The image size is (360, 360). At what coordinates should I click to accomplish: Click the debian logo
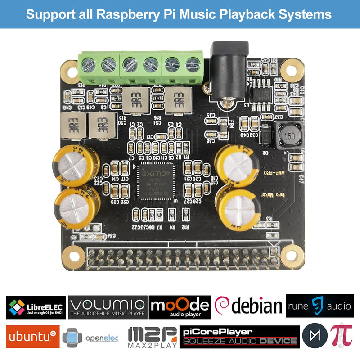(x=248, y=306)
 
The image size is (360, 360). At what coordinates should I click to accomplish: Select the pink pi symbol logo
(x=341, y=336)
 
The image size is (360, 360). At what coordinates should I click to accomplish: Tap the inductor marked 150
(x=288, y=136)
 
